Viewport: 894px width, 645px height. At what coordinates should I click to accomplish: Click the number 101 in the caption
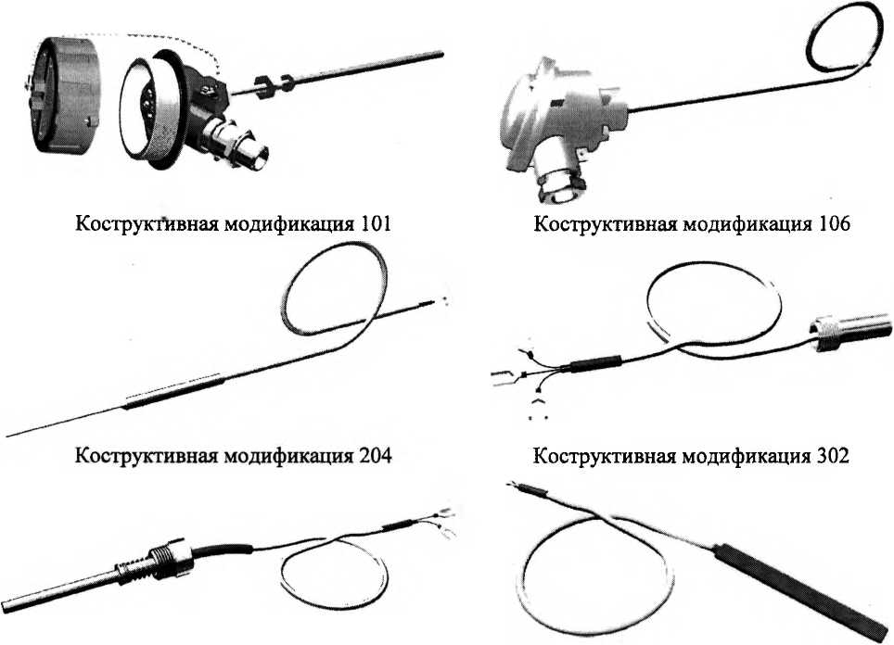pos(376,223)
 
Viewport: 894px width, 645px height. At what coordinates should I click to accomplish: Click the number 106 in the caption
pos(834,223)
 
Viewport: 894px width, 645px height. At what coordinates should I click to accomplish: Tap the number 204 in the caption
pos(376,456)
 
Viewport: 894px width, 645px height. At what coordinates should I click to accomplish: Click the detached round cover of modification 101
pos(64,94)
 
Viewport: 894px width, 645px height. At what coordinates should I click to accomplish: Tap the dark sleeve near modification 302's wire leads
pos(595,363)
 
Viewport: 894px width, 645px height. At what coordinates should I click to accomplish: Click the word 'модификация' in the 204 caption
pos(287,456)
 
